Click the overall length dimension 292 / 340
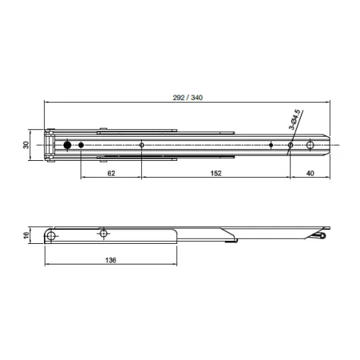coord(188,98)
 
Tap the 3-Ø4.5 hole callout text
coord(295,120)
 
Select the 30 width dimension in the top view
coord(26,145)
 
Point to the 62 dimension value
coord(111,173)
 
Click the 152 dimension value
coord(216,173)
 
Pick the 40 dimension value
coord(310,173)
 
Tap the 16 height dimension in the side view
coord(26,235)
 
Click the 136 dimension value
coord(111,260)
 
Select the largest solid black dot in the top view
coord(67,145)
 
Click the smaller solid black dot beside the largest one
coord(81,145)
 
